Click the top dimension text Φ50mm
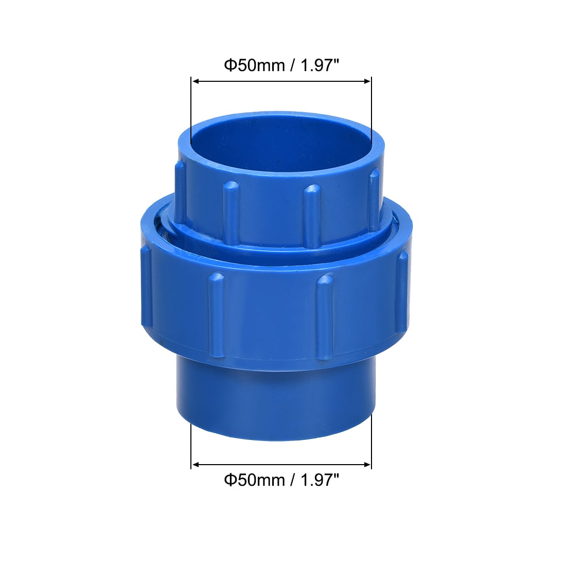click(x=254, y=66)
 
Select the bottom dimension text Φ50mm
click(x=254, y=480)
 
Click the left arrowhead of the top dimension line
click(x=195, y=81)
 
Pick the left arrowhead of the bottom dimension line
click(x=195, y=465)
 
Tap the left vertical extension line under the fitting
click(x=191, y=445)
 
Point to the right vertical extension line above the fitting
click(x=371, y=103)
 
